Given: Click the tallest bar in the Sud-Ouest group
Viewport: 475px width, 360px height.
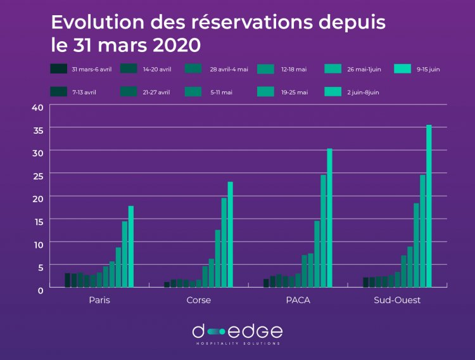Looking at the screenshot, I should (x=429, y=206).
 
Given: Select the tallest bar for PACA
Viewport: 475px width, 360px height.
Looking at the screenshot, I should (x=329, y=218).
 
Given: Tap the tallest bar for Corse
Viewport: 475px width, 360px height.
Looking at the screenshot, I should (x=231, y=235).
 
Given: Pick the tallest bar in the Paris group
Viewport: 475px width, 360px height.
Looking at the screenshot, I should (x=131, y=247).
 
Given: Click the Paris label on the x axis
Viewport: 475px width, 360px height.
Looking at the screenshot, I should (x=99, y=300).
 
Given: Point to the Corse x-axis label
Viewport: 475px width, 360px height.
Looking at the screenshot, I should (x=198, y=300).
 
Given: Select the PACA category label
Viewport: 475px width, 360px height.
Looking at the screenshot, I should (x=298, y=300).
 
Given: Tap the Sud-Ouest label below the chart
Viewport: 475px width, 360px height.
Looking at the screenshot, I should (x=397, y=300).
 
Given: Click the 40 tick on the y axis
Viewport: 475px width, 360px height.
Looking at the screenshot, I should (x=37, y=106).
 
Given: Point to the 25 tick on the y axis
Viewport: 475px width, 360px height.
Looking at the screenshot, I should (x=37, y=175).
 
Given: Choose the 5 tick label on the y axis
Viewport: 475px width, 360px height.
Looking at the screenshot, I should (x=40, y=267).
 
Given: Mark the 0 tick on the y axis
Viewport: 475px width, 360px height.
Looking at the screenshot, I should (x=40, y=289).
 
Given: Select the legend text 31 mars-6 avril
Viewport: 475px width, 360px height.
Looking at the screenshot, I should (x=91, y=69).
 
